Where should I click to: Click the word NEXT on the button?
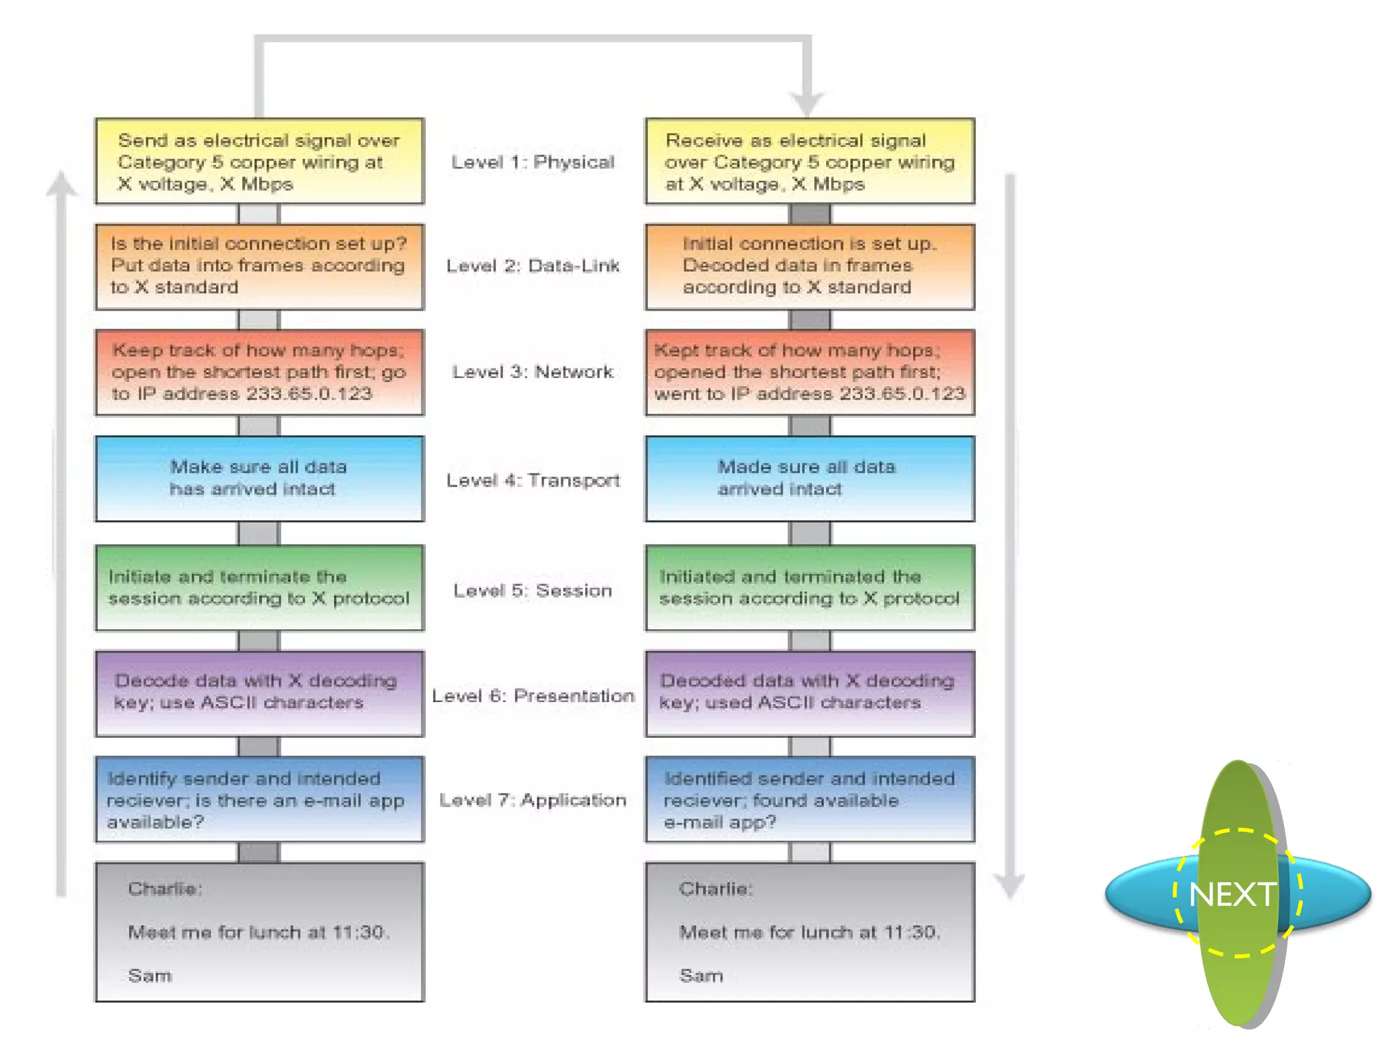click(1232, 895)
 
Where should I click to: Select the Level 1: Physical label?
click(532, 162)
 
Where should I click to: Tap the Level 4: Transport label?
click(532, 480)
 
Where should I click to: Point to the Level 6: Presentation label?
click(532, 695)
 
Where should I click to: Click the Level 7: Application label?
click(532, 800)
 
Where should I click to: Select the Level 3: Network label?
click(532, 372)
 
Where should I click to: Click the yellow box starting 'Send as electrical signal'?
click(259, 161)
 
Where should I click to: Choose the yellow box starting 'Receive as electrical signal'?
click(810, 161)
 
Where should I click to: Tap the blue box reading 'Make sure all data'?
click(259, 479)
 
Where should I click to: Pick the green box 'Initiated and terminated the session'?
click(810, 587)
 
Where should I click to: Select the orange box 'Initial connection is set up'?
click(810, 267)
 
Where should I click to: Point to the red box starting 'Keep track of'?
click(259, 372)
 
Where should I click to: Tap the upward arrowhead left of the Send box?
click(61, 184)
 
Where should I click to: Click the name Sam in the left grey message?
click(150, 976)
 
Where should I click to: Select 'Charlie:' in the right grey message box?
click(715, 888)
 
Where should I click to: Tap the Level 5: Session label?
click(532, 590)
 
